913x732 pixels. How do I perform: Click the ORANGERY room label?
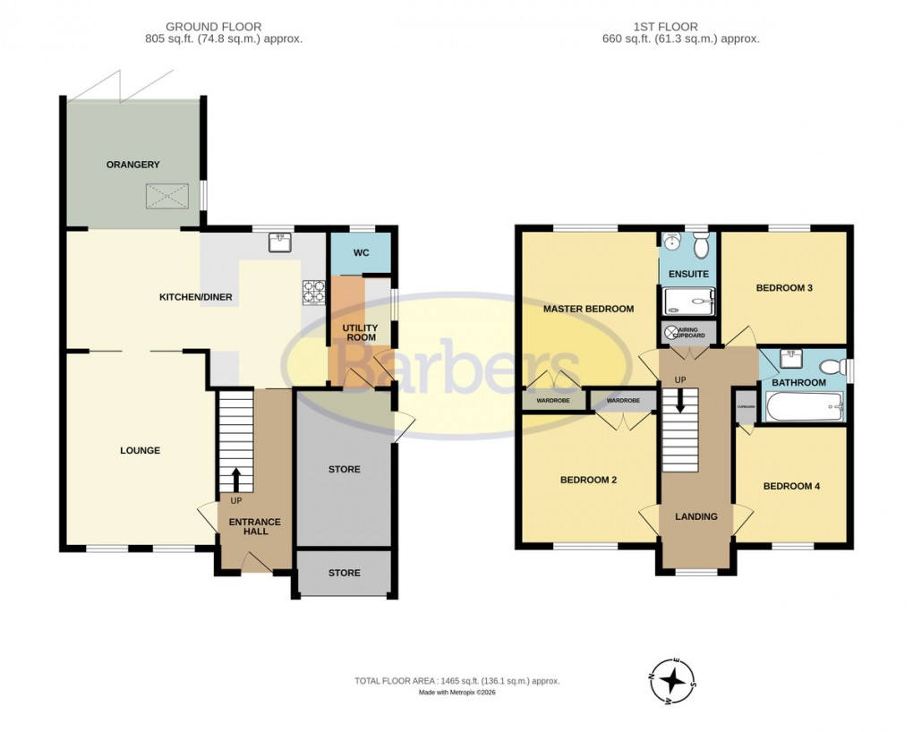tap(132, 165)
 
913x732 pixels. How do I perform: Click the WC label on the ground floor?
tap(361, 253)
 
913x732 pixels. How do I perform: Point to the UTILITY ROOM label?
tap(361, 333)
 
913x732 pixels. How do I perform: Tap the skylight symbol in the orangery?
tap(166, 195)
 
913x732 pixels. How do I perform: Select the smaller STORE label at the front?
tap(344, 573)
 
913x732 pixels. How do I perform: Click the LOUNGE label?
tap(141, 451)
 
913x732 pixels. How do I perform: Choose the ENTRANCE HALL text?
tap(255, 526)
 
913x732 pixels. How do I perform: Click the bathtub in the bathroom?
tap(804, 411)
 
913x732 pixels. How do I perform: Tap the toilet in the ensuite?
tap(701, 243)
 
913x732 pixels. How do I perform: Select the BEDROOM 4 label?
tap(791, 487)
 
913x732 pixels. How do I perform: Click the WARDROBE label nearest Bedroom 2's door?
tap(623, 400)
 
